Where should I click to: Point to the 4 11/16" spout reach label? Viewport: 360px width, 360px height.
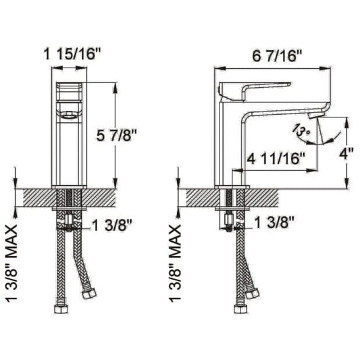[278, 160]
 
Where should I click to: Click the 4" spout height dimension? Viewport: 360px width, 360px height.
[346, 153]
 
